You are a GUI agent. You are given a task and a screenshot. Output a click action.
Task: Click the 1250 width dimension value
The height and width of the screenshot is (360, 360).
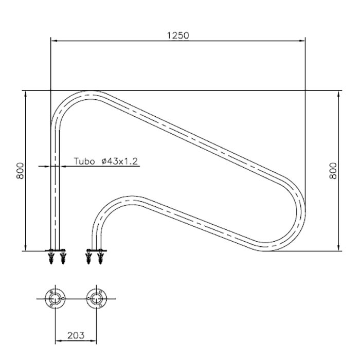coord(178,35)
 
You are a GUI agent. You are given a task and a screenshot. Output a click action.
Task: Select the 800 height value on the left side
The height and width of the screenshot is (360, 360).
coord(20,171)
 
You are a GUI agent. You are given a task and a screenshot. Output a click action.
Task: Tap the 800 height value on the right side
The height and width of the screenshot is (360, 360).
coord(333,171)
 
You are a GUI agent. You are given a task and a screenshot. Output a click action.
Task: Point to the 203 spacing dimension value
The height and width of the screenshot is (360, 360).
coord(76,335)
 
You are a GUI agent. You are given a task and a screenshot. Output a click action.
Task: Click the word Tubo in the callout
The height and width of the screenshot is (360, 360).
coord(84,161)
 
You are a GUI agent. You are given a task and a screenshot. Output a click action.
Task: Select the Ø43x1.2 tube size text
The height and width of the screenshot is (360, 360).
coord(119,161)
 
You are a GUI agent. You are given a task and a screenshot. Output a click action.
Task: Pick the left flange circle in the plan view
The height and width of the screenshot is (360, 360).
coord(55,299)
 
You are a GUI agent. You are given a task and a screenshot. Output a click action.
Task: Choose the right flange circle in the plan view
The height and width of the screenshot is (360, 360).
coord(97,299)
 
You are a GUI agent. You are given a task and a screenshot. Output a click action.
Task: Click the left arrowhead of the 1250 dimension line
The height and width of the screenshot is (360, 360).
coord(53,41)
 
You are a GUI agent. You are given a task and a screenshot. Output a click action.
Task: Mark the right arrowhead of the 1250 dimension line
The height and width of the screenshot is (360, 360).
coord(302,41)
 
